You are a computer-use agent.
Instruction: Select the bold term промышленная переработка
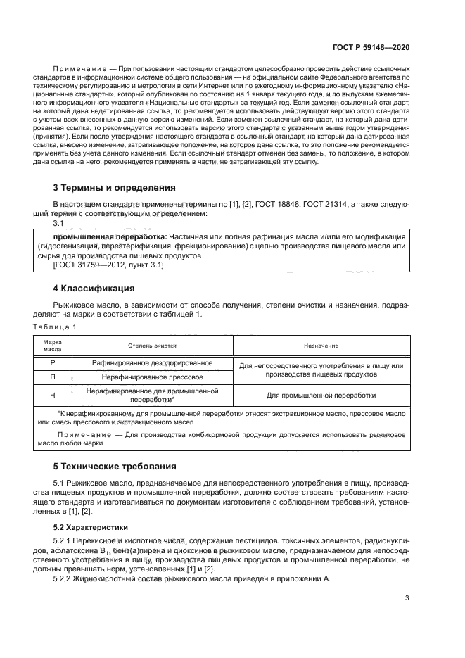click(x=101, y=236)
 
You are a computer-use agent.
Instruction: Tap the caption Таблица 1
click(x=56, y=327)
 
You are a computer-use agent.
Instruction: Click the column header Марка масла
click(x=53, y=345)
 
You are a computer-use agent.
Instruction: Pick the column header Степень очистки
click(x=152, y=346)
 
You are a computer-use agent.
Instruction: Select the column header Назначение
click(x=321, y=346)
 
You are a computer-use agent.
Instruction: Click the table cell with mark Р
click(x=53, y=363)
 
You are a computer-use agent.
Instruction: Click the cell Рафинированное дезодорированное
click(x=152, y=363)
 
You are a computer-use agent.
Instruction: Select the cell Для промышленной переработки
click(x=321, y=396)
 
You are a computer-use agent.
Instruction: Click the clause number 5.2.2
click(x=64, y=578)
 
